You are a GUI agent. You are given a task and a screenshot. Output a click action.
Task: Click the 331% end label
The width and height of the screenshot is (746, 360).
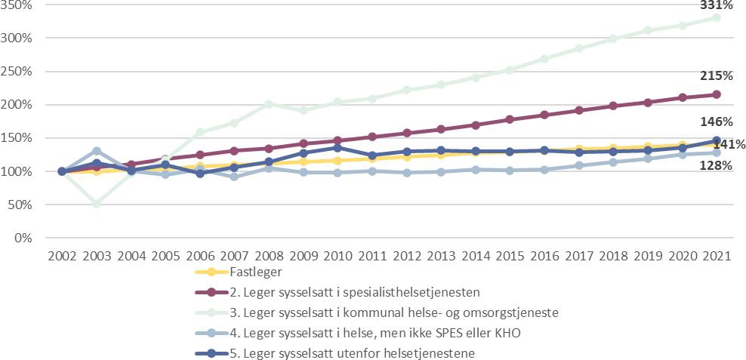point(717,5)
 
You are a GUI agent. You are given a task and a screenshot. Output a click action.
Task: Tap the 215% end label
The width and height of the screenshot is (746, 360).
point(717,76)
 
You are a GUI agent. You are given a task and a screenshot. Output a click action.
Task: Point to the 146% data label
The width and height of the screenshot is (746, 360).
point(717,122)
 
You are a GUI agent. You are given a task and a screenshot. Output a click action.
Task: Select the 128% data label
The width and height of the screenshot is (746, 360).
point(717,165)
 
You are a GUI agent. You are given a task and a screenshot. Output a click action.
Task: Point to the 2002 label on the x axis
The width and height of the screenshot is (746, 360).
point(62,256)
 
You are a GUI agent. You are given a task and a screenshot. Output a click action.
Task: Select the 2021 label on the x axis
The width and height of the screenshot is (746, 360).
point(717,256)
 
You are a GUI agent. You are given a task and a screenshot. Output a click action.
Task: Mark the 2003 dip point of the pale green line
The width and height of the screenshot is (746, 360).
point(97,204)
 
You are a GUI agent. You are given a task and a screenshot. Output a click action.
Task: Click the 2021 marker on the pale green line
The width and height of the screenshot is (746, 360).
point(717,17)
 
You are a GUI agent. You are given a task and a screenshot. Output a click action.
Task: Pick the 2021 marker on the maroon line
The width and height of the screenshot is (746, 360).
point(717,94)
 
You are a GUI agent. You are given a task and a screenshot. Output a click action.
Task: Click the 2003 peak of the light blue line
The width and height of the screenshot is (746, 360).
point(97,151)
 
